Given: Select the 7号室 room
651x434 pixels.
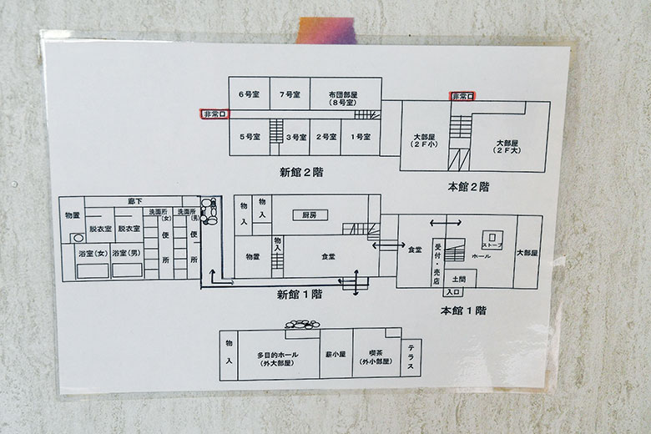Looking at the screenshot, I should [x=290, y=94].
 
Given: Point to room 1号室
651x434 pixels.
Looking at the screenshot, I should [x=361, y=136].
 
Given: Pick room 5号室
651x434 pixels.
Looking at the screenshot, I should [x=247, y=136].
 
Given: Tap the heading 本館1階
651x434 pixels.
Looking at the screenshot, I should [x=463, y=310].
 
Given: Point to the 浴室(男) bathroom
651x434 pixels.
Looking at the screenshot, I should [x=128, y=253].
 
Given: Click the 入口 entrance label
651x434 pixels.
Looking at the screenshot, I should [x=453, y=292].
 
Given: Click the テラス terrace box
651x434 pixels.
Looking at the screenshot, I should [x=411, y=358].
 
